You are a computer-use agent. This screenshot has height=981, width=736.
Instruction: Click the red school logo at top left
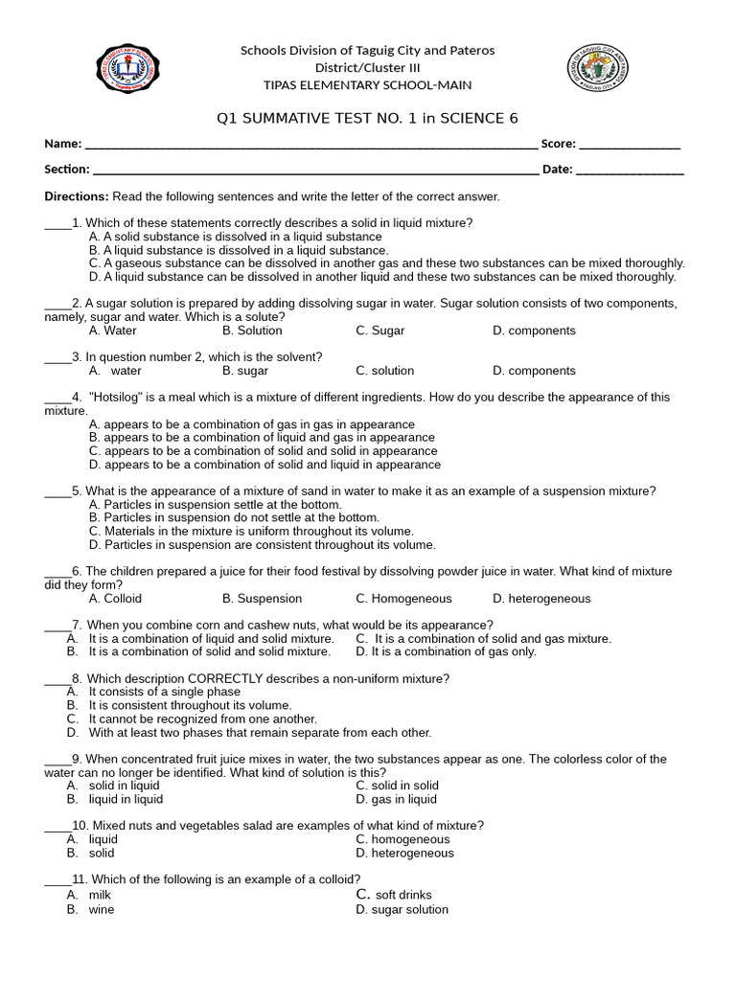[128, 69]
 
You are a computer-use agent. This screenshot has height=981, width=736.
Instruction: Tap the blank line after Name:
[310, 146]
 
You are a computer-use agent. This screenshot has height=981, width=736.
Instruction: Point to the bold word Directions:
[77, 196]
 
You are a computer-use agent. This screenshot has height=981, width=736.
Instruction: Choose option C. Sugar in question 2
[379, 331]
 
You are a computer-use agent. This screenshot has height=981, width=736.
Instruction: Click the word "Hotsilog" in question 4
[118, 398]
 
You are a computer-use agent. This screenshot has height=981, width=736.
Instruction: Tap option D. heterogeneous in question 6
[541, 599]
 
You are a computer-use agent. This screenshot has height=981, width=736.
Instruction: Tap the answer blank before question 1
[57, 223]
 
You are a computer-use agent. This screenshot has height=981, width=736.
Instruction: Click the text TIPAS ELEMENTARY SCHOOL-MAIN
[367, 84]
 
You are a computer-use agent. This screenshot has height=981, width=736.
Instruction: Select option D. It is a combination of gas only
[446, 652]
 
